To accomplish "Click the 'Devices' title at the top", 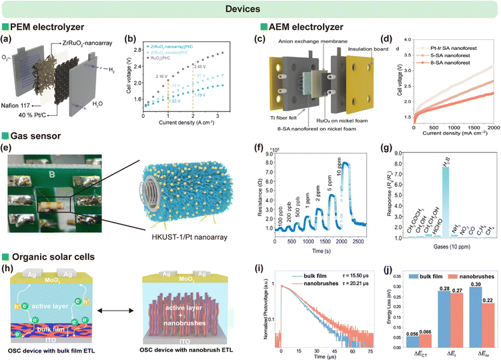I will [250, 9].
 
